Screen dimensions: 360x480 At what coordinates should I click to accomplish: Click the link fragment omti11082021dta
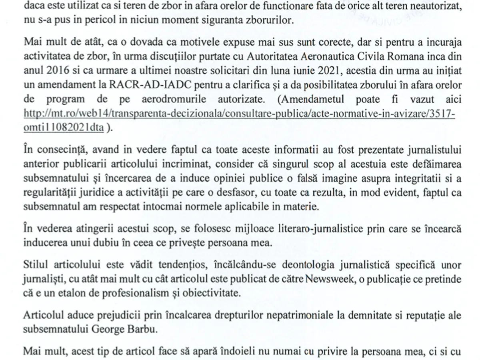click(x=64, y=128)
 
